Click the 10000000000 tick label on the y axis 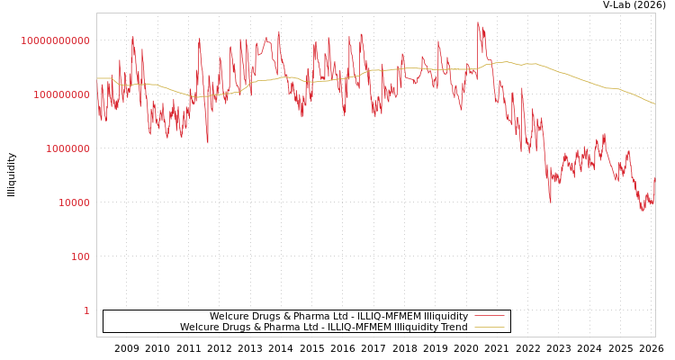coord(55,40)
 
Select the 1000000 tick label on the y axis coord(67,148)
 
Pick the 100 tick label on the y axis coord(80,256)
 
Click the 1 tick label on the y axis coord(86,310)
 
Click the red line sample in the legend coord(490,317)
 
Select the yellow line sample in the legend coord(490,328)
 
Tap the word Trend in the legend coord(454,328)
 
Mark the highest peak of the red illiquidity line coord(478,22)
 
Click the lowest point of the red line coord(643,211)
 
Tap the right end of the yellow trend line coord(654,104)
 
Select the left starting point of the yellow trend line coord(97,78)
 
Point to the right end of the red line coord(654,178)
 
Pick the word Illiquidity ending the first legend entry coord(445,317)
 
